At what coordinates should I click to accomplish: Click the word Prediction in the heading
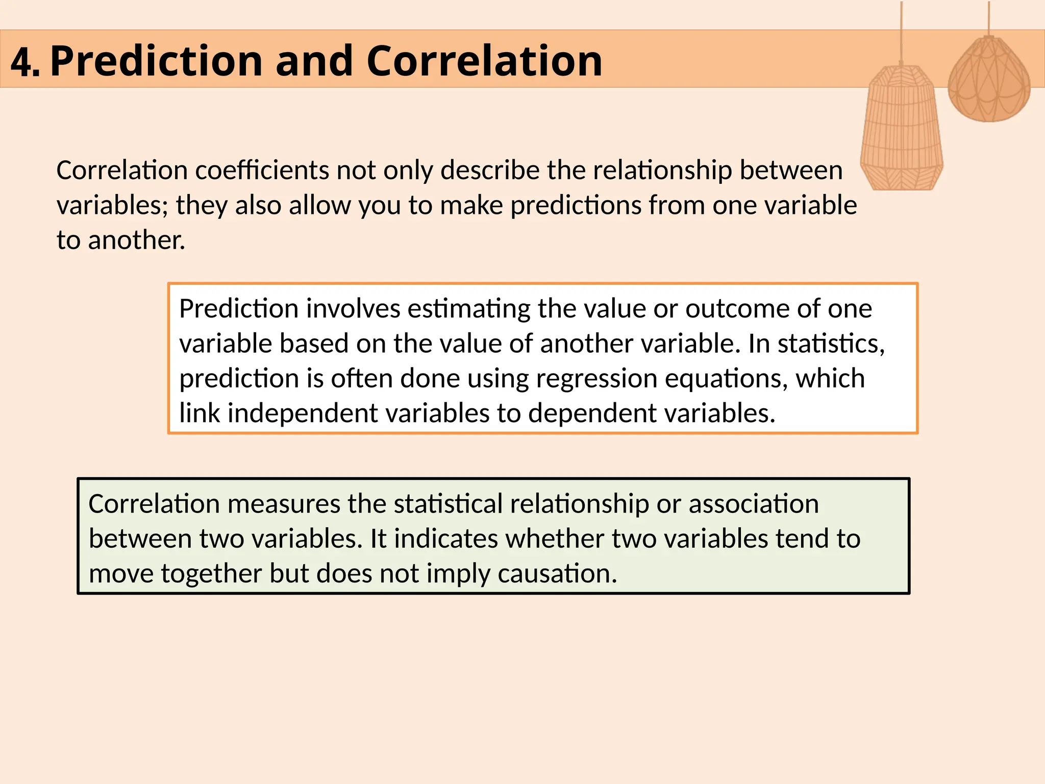coord(156,61)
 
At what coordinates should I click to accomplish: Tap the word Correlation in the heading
coord(484,61)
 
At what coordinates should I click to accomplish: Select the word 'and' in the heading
coord(314,61)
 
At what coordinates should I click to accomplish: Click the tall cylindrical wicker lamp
coord(902,128)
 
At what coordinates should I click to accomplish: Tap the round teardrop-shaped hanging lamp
coord(988,82)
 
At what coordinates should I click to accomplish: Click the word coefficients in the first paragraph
coord(262,170)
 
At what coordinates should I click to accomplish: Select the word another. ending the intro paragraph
coord(136,240)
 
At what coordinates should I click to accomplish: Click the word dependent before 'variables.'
coord(592,413)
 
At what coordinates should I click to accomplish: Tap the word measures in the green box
coord(283,504)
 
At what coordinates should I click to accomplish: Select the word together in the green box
coord(211,574)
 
